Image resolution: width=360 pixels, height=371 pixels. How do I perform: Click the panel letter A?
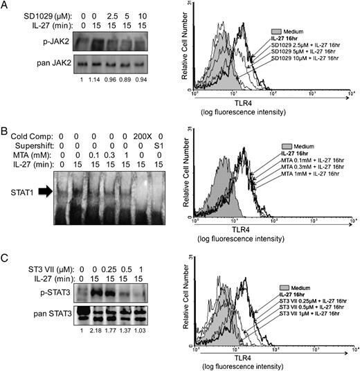tap(6, 7)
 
